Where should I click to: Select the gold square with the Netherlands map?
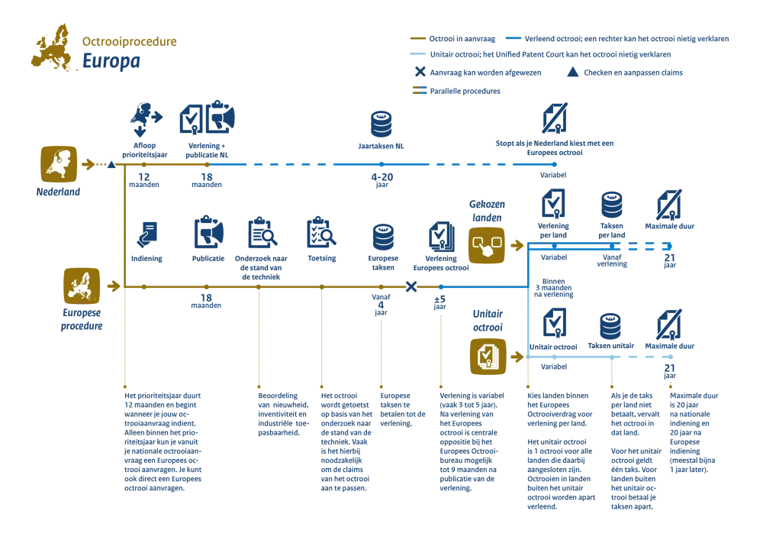tap(58, 164)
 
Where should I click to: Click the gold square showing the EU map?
tap(81, 286)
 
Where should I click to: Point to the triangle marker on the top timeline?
tap(111, 164)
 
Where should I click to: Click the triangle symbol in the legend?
tap(572, 73)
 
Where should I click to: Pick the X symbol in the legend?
tap(419, 73)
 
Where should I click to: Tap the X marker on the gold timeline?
tap(411, 287)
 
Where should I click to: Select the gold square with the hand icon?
tap(486, 246)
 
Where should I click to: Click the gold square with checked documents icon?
tap(488, 356)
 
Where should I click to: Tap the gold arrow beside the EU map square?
tap(114, 286)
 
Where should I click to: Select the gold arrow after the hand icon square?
tap(517, 246)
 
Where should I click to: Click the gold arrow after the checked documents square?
tap(517, 356)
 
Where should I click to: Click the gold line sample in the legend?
tap(417, 38)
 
